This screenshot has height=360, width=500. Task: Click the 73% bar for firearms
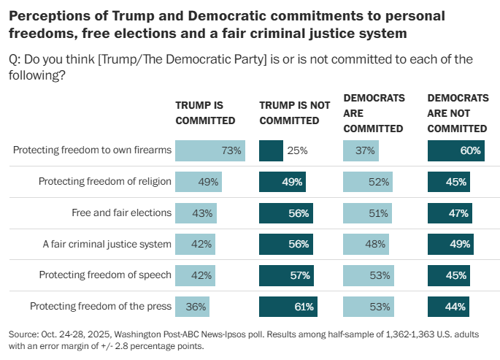pyautogui.click(x=210, y=151)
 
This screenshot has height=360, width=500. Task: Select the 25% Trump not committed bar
pyautogui.click(x=271, y=151)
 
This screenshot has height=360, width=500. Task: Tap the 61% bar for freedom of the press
pyautogui.click(x=288, y=307)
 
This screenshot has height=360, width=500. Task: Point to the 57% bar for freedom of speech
pyautogui.click(x=286, y=275)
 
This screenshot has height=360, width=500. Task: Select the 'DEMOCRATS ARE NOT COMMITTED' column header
pyautogui.click(x=458, y=113)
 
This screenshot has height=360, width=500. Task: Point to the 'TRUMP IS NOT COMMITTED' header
pyautogui.click(x=295, y=113)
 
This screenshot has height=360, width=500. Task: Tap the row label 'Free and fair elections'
pyautogui.click(x=121, y=213)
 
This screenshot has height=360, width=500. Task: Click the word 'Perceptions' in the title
pyautogui.click(x=45, y=15)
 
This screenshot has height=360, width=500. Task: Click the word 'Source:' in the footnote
pyautogui.click(x=25, y=334)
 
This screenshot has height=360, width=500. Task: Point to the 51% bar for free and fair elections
pyautogui.click(x=368, y=213)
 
